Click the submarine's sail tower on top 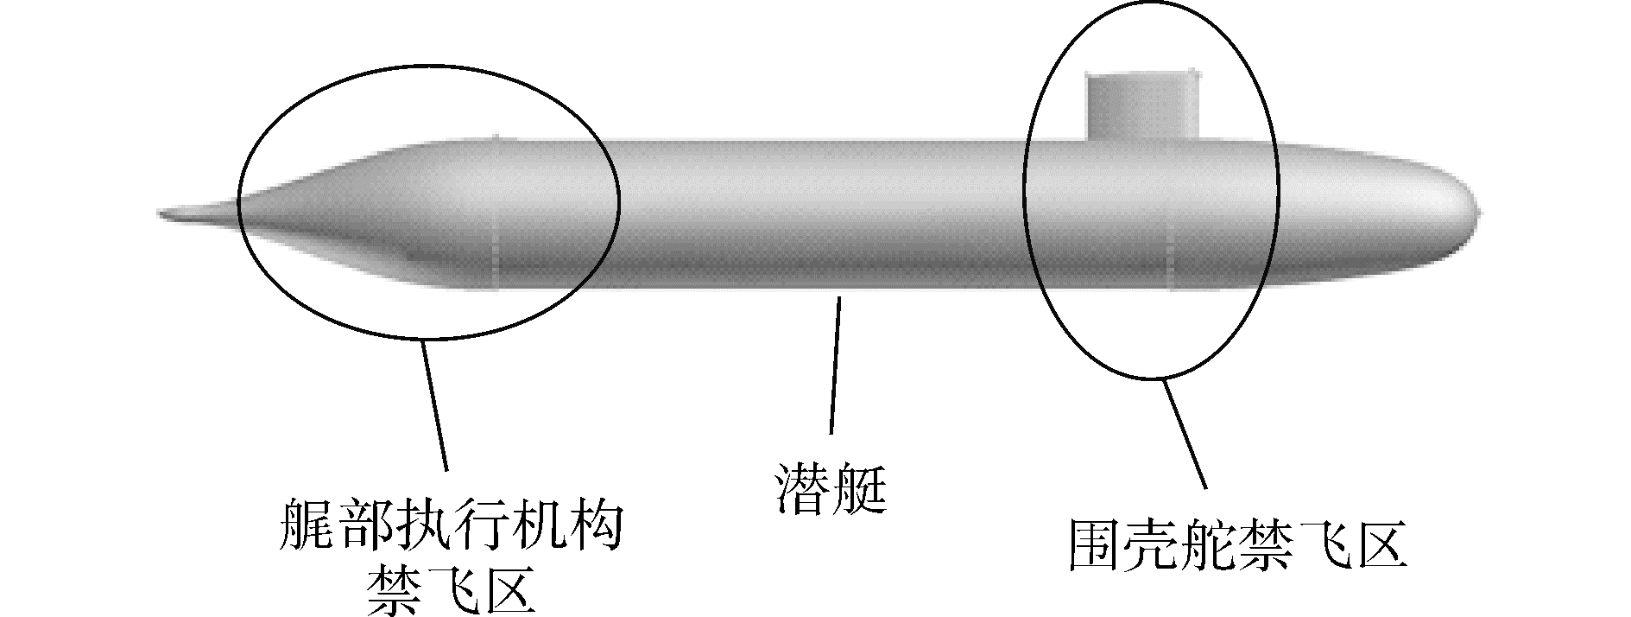click(x=1142, y=106)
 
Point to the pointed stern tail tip click(x=164, y=213)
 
